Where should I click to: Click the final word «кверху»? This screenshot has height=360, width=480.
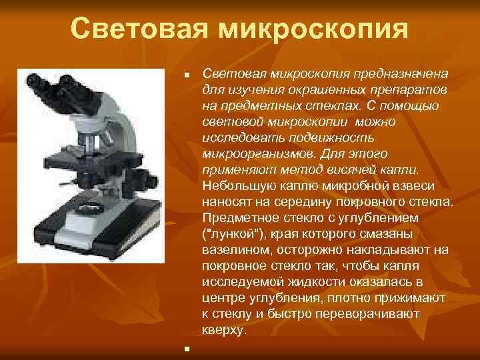[224, 330]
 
